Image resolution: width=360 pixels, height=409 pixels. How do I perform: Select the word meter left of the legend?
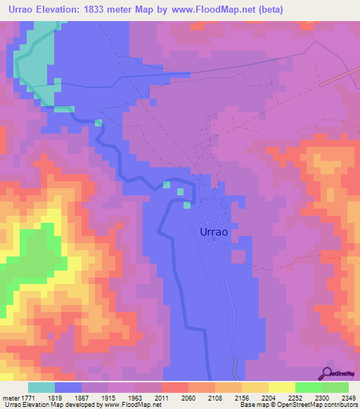coord(10,397)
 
